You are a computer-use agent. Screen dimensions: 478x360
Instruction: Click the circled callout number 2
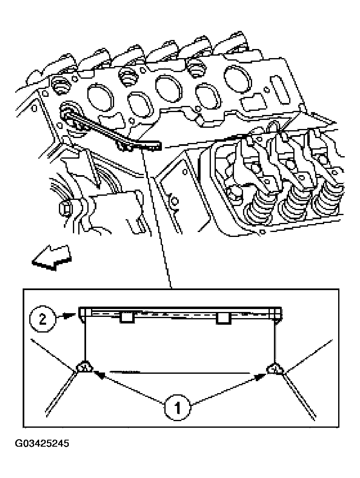pos(42,319)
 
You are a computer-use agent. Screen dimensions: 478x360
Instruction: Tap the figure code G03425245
pos(42,444)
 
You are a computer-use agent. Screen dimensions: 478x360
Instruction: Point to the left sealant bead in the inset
pos(84,367)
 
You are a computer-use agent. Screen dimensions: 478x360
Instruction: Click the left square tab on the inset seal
pos(126,317)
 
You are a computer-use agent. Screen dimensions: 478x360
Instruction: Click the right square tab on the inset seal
pos(224,318)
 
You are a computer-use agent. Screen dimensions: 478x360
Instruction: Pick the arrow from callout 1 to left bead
pos(128,387)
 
